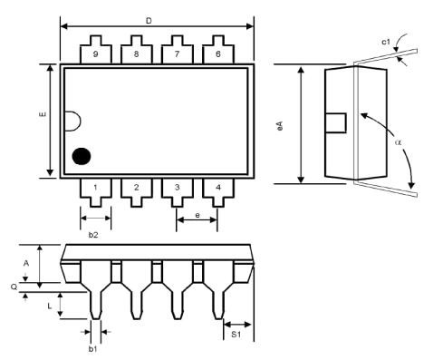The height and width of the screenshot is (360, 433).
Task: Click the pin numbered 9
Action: [x=96, y=53]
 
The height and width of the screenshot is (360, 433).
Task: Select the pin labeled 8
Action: [x=137, y=53]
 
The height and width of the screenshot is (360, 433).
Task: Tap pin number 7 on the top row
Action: [x=178, y=53]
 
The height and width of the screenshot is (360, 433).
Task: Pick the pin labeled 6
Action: [x=218, y=53]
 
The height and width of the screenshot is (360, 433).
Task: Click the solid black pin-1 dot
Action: [x=82, y=156]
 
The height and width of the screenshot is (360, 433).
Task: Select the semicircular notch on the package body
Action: [x=80, y=121]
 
